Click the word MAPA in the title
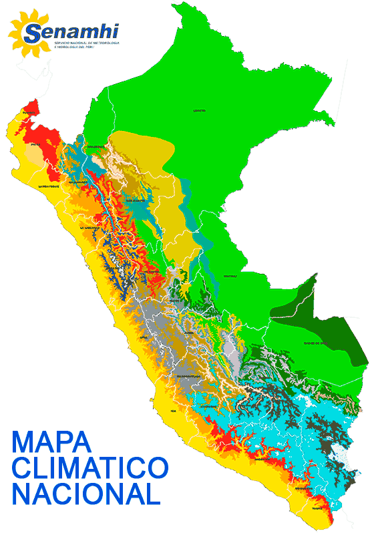pos(51,443)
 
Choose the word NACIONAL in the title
pos(85,494)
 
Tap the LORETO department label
pos(199,110)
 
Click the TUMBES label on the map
pos(27,114)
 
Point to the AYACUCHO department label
pos(208,406)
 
